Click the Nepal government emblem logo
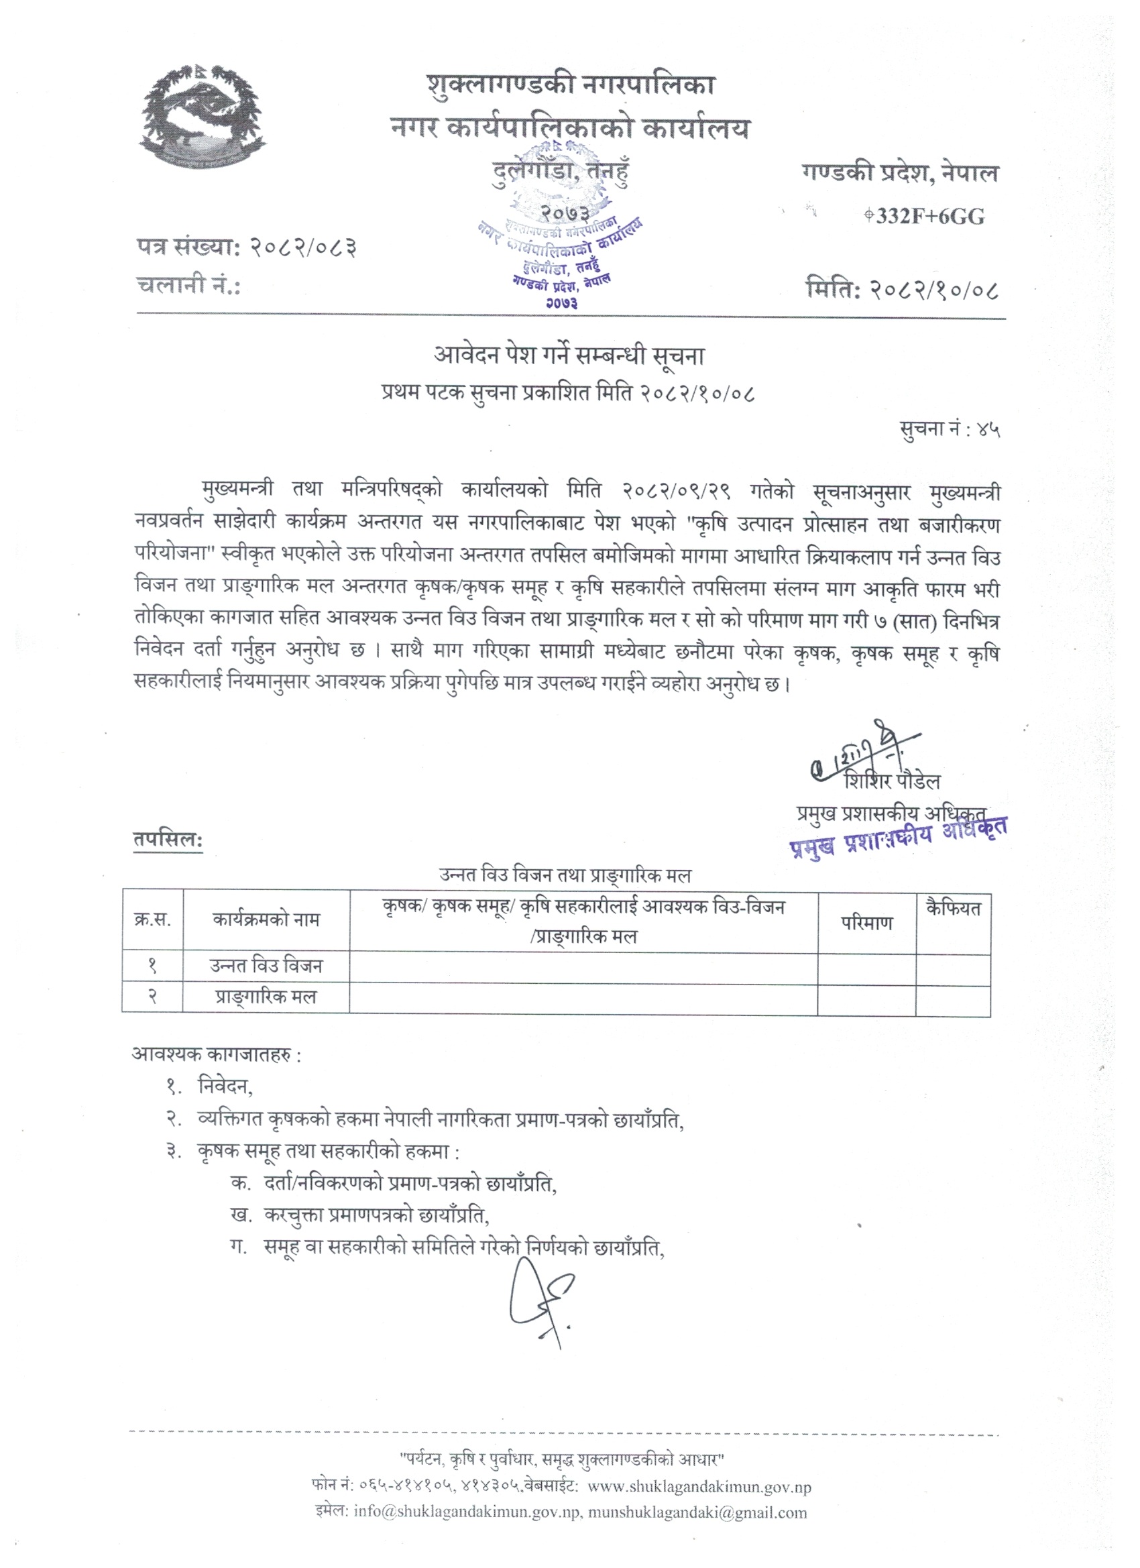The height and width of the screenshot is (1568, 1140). (202, 117)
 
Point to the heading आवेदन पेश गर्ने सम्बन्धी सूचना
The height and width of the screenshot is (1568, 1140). (569, 356)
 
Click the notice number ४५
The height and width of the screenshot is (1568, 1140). (988, 431)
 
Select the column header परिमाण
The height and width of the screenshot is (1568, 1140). (866, 923)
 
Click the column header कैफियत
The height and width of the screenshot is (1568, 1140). (953, 909)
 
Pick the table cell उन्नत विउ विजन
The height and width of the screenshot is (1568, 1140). (266, 966)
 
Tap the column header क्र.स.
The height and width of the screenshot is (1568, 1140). (153, 920)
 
